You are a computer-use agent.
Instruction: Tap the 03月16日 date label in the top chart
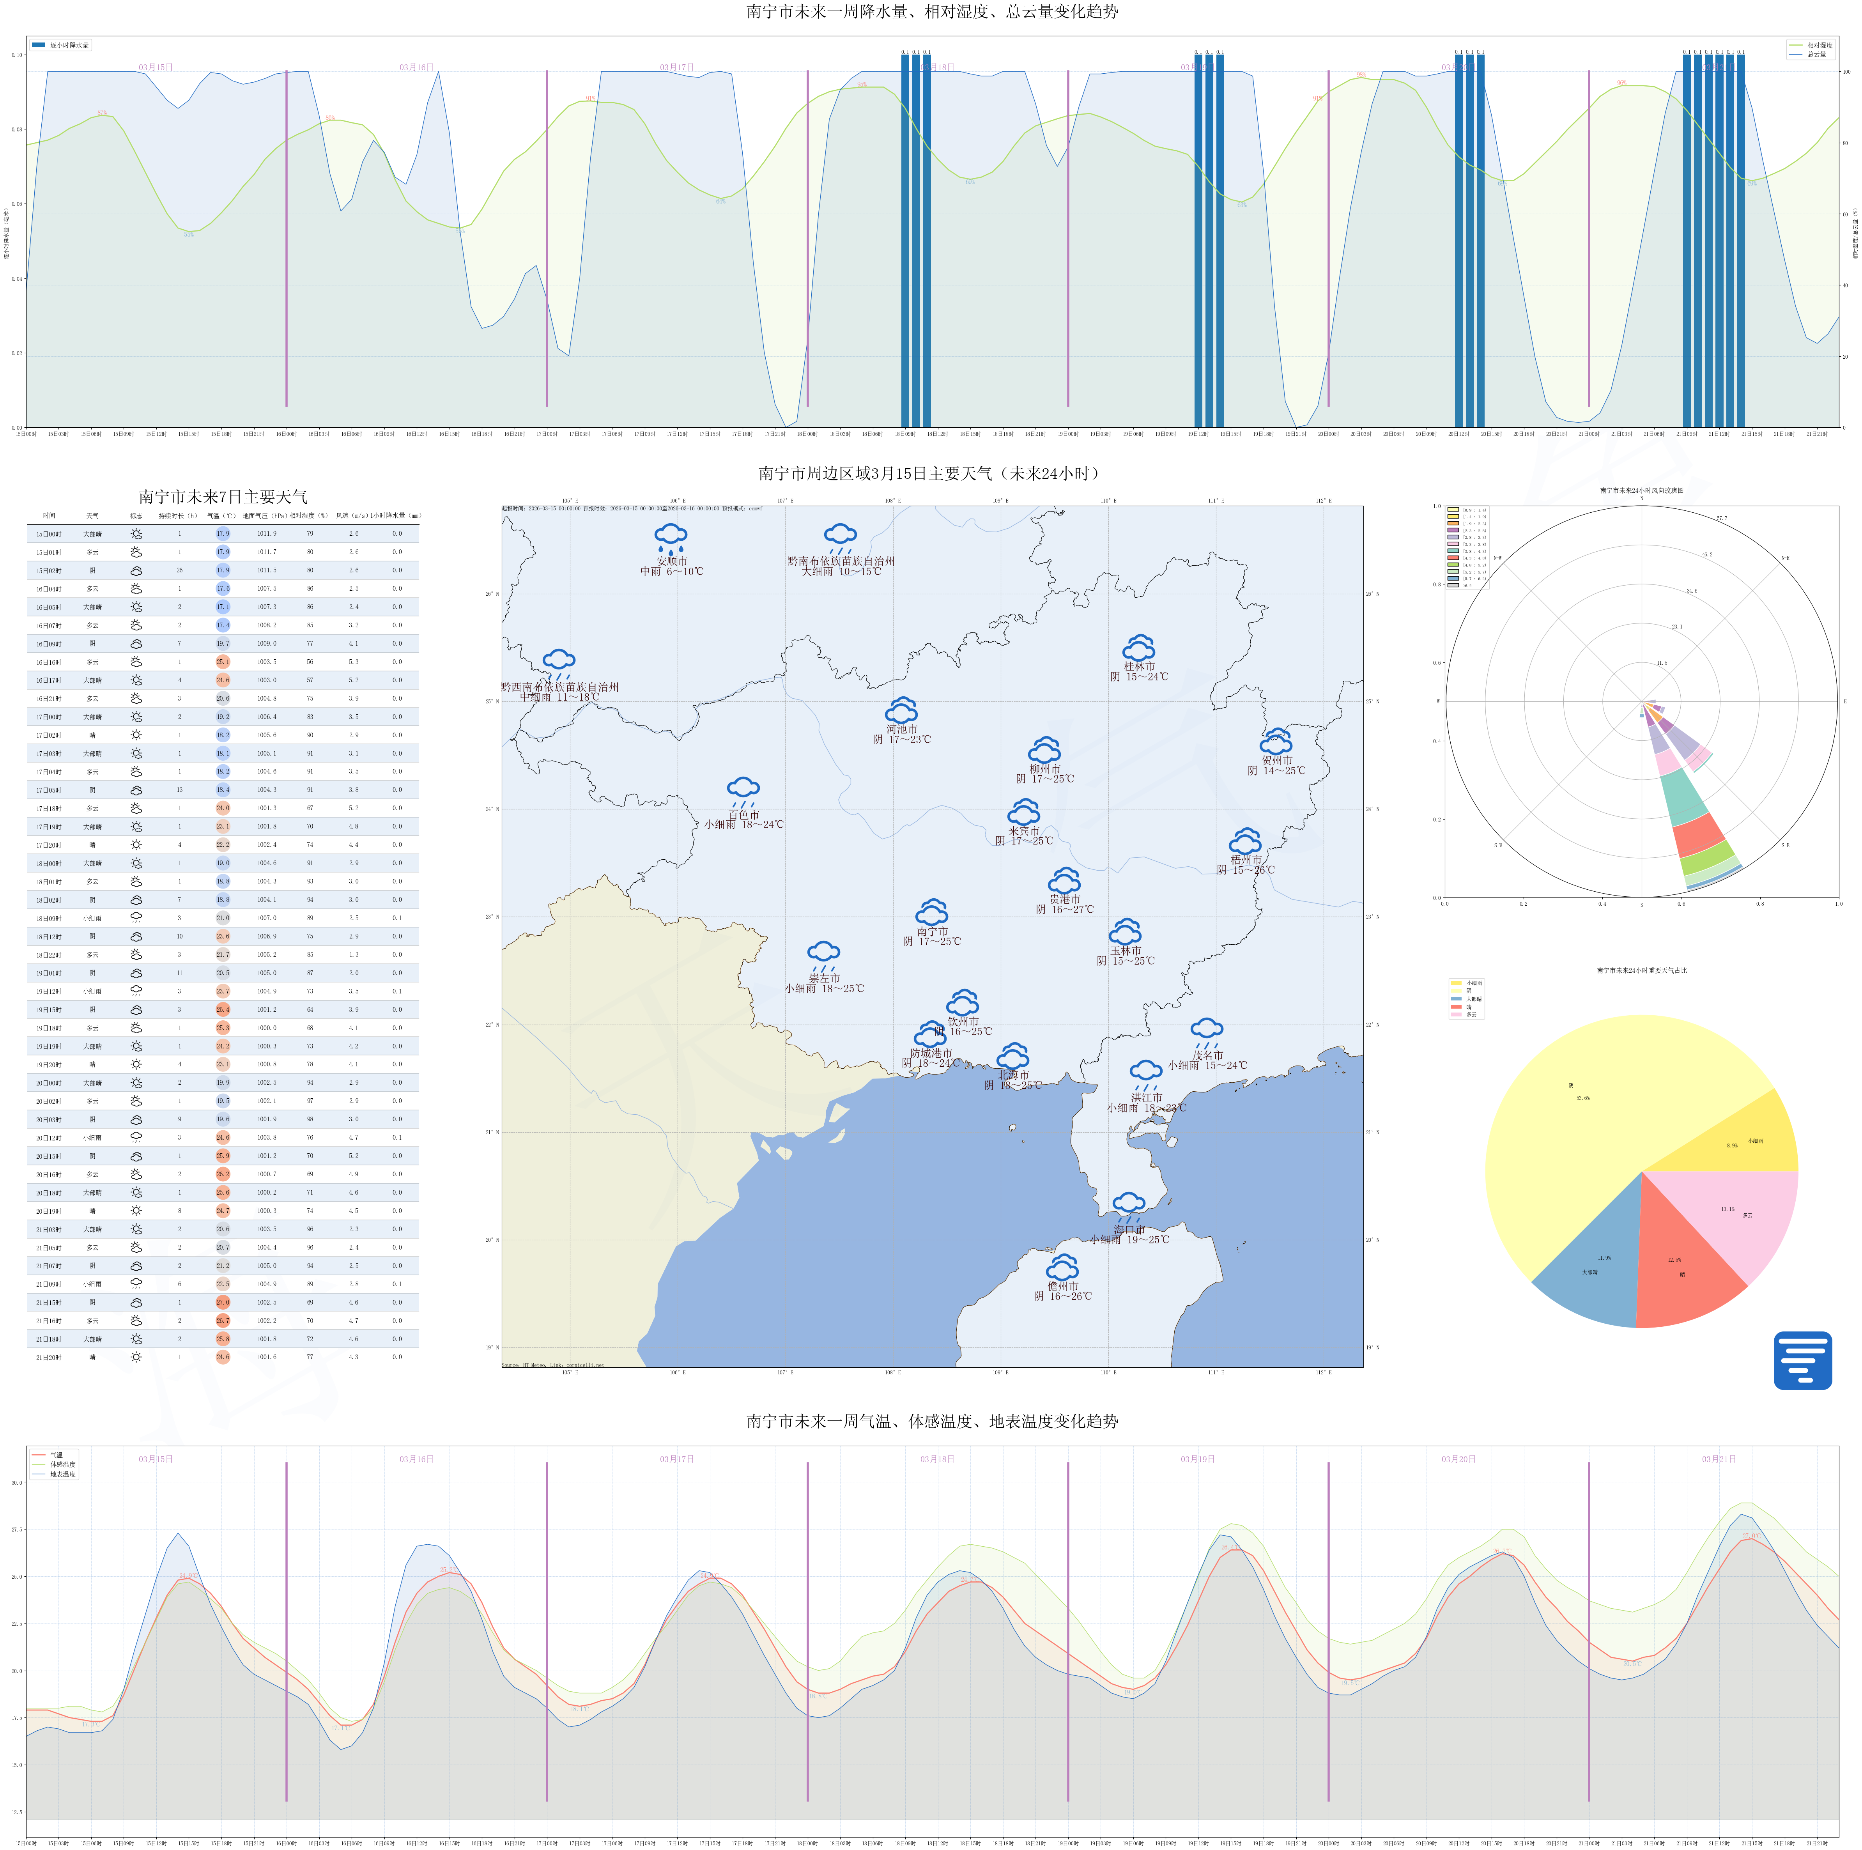click(x=416, y=67)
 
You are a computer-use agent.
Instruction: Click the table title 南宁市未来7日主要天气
click(x=223, y=496)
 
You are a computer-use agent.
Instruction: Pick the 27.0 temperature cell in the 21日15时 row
click(x=223, y=1303)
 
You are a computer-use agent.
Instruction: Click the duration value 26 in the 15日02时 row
click(x=179, y=571)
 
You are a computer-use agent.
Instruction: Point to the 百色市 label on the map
click(x=743, y=814)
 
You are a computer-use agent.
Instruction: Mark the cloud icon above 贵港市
click(x=1064, y=880)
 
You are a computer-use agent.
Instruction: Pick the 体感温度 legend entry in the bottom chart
click(x=63, y=1464)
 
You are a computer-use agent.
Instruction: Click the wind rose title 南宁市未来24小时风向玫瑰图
click(x=1641, y=491)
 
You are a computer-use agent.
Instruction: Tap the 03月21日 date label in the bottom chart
click(x=1719, y=1459)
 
